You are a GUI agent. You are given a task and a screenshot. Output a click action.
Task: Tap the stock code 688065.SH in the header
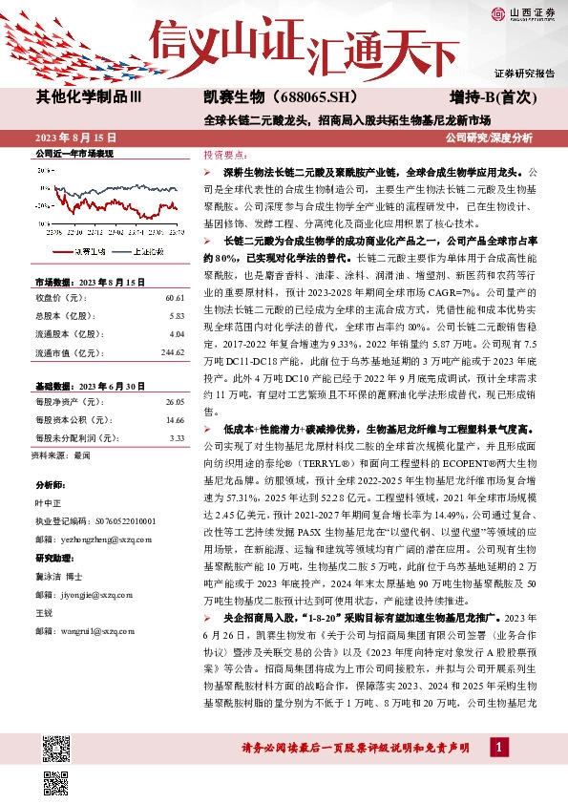coord(303,96)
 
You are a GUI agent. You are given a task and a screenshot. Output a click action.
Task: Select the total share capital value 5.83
coord(177,289)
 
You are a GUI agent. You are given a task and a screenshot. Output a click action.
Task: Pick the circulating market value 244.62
coord(171,325)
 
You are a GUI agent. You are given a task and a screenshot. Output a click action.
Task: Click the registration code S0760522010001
coord(119,522)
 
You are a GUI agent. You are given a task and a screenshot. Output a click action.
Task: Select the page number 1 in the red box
coord(497,746)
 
